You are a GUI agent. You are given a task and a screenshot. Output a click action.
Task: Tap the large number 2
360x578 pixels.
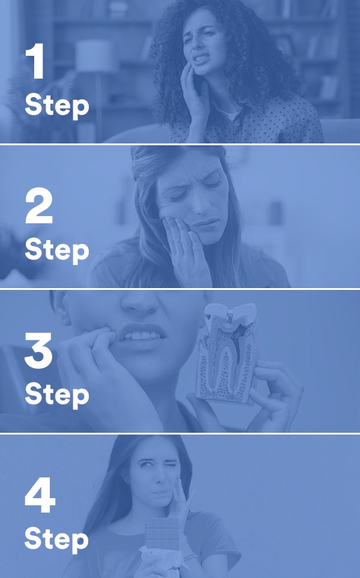click(x=39, y=206)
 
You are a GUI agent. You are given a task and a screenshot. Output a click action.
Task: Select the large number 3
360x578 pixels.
click(x=38, y=350)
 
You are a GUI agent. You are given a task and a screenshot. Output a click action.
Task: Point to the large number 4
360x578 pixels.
click(x=40, y=495)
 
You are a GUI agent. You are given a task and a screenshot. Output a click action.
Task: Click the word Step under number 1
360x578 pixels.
click(x=57, y=106)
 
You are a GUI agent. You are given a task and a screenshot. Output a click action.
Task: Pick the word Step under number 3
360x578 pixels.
click(x=57, y=395)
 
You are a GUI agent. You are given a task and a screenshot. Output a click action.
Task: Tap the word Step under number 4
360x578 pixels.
click(x=56, y=540)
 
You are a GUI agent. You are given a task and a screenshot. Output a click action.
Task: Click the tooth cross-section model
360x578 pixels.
click(x=226, y=352)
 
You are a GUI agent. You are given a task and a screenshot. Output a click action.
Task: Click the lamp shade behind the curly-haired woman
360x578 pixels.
click(x=94, y=55)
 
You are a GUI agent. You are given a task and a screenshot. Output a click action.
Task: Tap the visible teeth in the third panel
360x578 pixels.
click(x=141, y=336)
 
